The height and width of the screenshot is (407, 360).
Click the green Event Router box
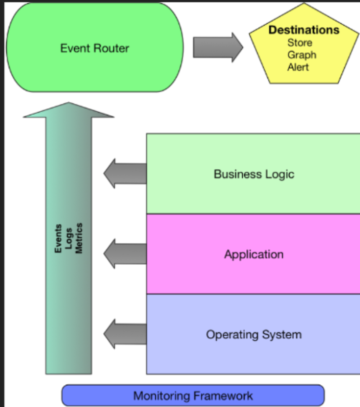click(x=94, y=48)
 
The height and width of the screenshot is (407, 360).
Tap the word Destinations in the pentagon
click(x=304, y=30)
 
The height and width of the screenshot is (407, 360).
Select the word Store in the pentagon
click(x=300, y=43)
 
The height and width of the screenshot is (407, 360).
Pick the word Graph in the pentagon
click(x=301, y=55)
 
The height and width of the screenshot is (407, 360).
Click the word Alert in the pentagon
click(x=298, y=67)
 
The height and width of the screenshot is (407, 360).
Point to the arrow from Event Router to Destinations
click(x=218, y=47)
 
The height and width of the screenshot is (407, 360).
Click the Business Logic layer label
click(x=254, y=174)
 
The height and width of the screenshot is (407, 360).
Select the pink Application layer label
click(x=254, y=255)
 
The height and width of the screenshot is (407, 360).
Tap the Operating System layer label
click(x=254, y=334)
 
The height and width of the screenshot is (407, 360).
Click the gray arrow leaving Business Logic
click(x=124, y=174)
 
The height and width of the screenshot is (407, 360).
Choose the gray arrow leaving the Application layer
click(x=124, y=254)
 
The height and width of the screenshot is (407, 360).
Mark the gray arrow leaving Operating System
click(x=124, y=334)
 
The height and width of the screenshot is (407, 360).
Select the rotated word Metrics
click(x=79, y=239)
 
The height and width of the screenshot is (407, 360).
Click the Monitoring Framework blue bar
click(x=193, y=396)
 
